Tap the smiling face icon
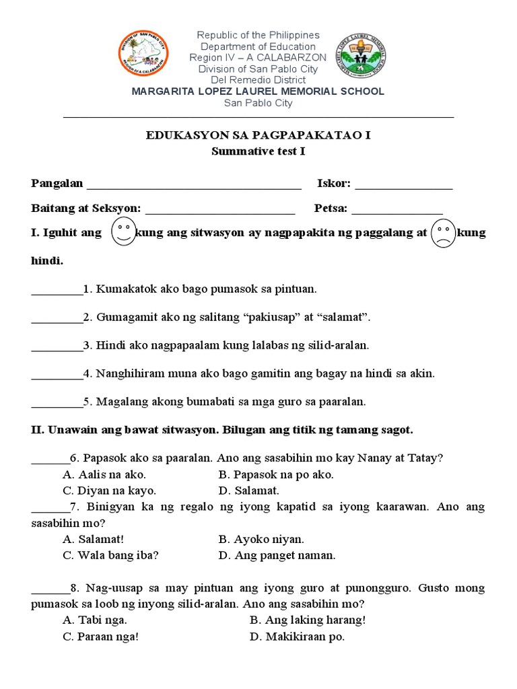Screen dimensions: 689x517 (121, 232)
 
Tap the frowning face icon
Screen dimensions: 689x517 (442, 233)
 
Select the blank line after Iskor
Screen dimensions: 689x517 (403, 188)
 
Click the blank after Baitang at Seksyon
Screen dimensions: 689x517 (219, 213)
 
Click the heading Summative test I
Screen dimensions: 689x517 (258, 151)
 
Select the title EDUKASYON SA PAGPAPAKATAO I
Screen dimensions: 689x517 (258, 135)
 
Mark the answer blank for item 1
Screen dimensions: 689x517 (57, 293)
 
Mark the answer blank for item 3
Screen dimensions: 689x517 (57, 349)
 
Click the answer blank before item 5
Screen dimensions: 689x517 (57, 406)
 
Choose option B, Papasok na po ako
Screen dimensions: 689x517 (276, 474)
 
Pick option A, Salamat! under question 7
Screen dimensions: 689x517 (94, 539)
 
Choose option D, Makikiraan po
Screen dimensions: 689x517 (297, 637)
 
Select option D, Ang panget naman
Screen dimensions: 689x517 (277, 555)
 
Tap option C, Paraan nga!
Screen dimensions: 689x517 (101, 637)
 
